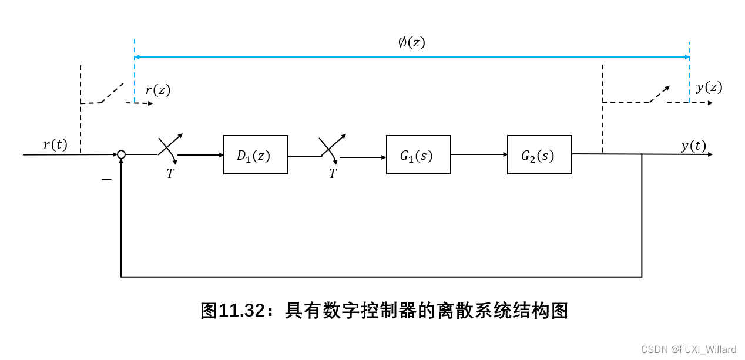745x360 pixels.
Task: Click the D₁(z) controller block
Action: pos(256,155)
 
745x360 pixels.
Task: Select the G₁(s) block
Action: pos(418,155)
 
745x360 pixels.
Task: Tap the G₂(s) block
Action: pos(539,155)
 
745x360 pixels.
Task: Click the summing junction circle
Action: pos(121,154)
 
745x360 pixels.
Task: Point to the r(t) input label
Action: pos(55,144)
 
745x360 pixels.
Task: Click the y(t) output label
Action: pos(693,146)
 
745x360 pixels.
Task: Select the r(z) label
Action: pos(157,90)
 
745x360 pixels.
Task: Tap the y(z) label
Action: pos(709,88)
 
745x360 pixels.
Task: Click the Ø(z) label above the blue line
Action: pos(411,42)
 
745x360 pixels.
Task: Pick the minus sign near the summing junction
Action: pos(106,179)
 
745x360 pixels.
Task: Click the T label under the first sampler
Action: pos(170,174)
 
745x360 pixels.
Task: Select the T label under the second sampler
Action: pos(333,174)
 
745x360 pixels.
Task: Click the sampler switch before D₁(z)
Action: pos(169,147)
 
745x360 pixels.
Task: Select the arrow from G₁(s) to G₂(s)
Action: pos(479,154)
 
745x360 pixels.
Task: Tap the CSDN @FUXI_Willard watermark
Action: pos(688,349)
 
